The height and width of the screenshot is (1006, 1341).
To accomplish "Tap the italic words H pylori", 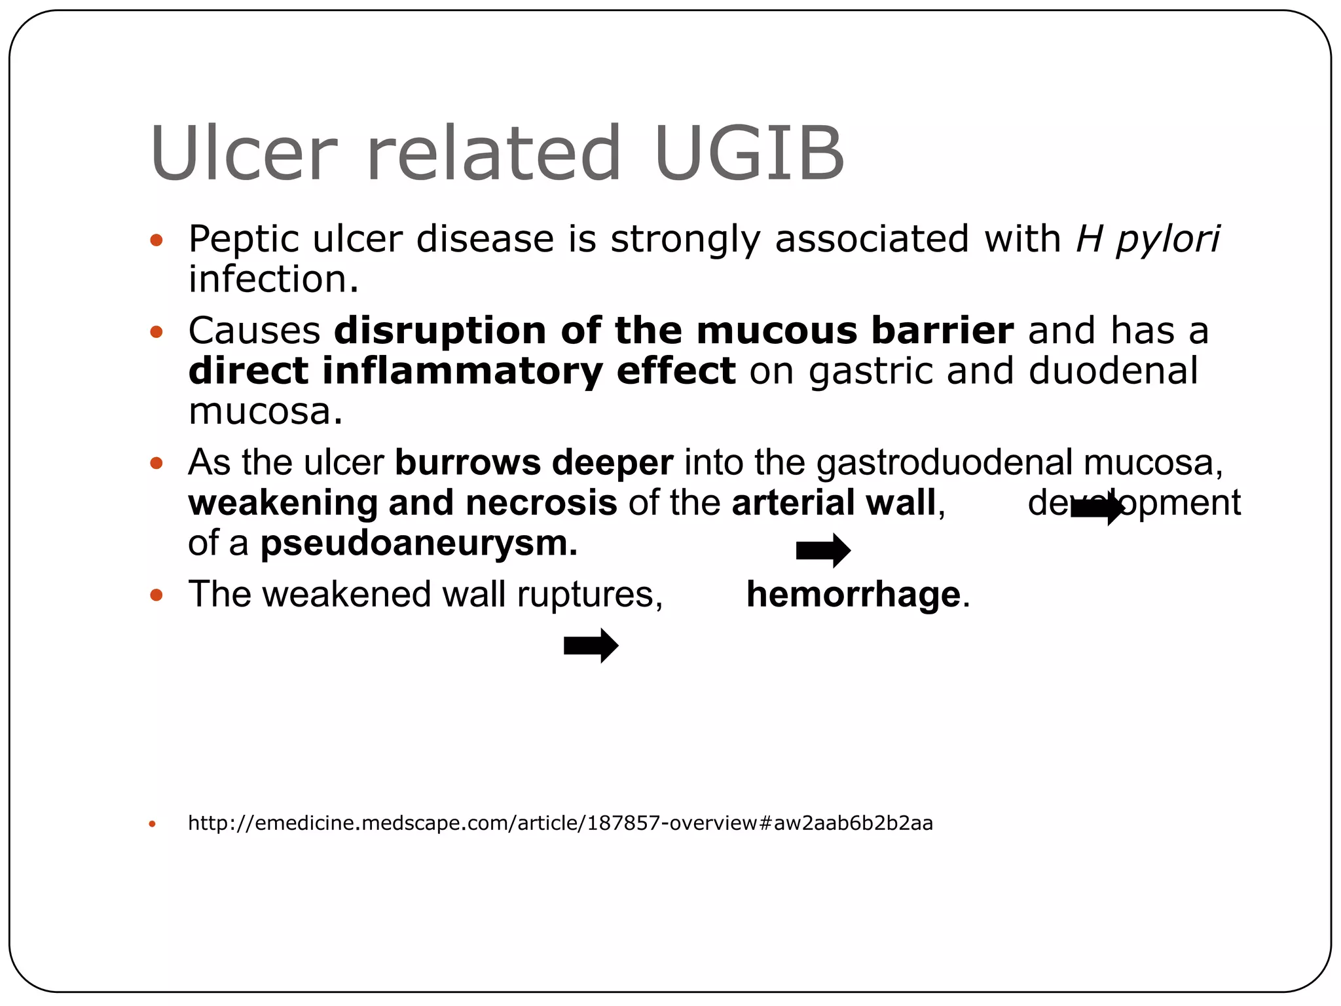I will [x=1147, y=239].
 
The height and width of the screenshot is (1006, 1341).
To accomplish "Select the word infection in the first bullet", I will [x=273, y=279].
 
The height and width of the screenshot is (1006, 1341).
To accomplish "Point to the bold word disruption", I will [x=440, y=331].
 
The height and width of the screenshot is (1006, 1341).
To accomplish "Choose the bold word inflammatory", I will [x=462, y=371].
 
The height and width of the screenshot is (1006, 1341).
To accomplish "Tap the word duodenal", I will [x=1113, y=371].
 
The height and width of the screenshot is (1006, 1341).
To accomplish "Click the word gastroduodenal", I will [x=944, y=463].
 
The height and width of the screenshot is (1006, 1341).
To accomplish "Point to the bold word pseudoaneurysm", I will [x=418, y=544].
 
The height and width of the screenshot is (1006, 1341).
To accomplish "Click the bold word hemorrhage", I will [x=853, y=595].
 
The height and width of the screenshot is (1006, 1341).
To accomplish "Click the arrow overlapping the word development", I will [x=1097, y=508].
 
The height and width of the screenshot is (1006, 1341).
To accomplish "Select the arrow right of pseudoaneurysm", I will [x=823, y=550].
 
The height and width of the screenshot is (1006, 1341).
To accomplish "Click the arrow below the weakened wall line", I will [x=591, y=646].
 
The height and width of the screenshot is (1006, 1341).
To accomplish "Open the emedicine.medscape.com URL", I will [x=560, y=823].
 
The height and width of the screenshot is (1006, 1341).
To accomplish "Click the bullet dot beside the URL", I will [x=153, y=824].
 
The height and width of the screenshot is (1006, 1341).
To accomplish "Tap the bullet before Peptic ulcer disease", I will [x=156, y=240].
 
